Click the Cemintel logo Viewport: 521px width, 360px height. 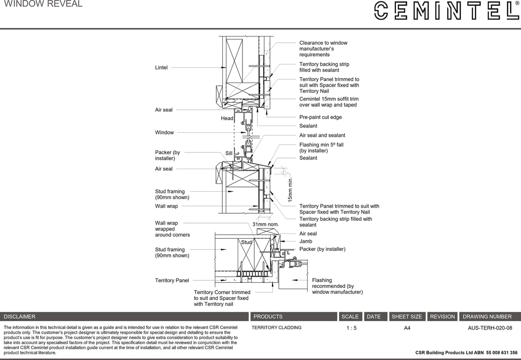(x=446, y=11)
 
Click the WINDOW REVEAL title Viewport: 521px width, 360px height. (x=43, y=4)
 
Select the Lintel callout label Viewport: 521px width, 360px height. (x=161, y=67)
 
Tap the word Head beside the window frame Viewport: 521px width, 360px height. (x=227, y=119)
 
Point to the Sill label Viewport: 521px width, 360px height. (x=229, y=153)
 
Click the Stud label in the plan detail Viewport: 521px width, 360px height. (x=246, y=242)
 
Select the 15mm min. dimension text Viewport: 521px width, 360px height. (x=290, y=189)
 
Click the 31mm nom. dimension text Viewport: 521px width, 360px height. (x=265, y=225)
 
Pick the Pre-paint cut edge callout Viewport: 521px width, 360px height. (x=320, y=117)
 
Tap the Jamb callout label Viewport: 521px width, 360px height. (x=305, y=241)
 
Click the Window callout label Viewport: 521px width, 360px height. (x=164, y=133)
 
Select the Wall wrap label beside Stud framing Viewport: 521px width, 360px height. (x=166, y=206)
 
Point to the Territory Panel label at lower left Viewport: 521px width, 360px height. (x=172, y=280)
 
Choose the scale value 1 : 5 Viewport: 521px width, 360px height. (x=351, y=328)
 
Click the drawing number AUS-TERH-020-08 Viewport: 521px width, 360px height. (x=490, y=328)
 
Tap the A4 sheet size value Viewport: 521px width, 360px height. (x=407, y=328)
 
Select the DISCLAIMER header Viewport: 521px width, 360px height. (x=20, y=317)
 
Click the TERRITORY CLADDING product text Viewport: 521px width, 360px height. (x=276, y=328)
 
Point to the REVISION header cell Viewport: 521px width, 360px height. (x=442, y=317)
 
